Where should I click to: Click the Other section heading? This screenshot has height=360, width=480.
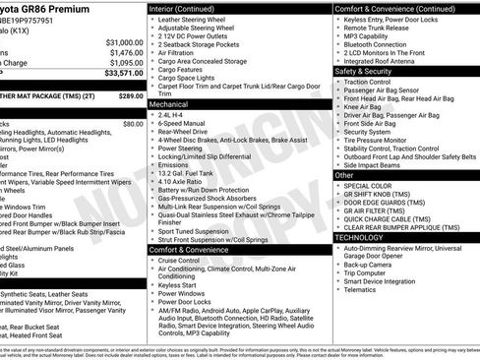click(344, 174)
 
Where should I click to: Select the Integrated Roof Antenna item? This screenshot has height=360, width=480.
click(385, 61)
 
